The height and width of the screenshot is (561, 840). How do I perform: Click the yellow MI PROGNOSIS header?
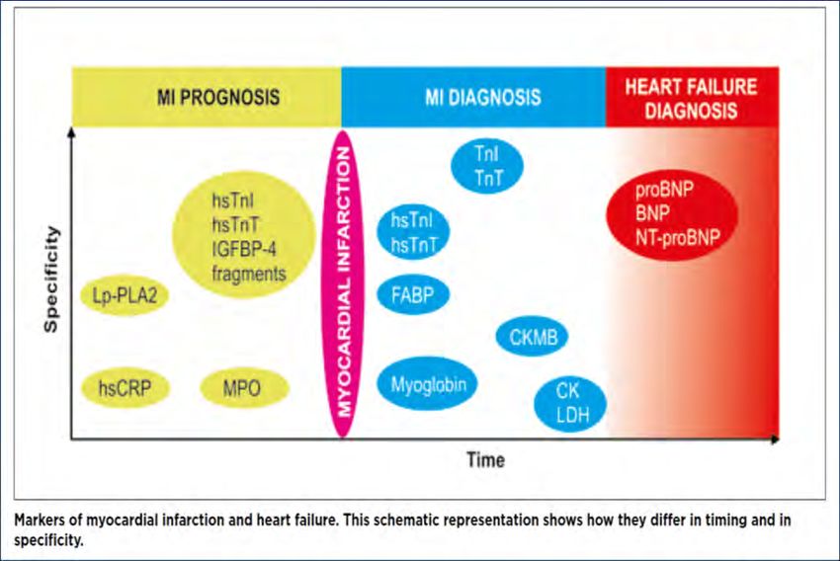click(x=207, y=97)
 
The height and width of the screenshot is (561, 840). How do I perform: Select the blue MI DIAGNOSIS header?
click(x=473, y=97)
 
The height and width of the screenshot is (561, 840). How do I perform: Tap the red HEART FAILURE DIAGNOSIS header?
click(x=692, y=97)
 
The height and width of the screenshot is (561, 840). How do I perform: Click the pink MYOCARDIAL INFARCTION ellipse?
click(x=343, y=283)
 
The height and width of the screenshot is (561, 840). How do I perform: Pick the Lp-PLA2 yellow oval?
click(x=125, y=295)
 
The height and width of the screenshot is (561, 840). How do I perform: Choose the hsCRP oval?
click(x=125, y=388)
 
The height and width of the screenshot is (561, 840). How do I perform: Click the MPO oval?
click(x=244, y=388)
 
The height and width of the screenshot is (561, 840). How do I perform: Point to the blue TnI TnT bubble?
click(x=487, y=165)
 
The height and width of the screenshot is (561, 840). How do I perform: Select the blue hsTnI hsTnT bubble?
click(x=413, y=232)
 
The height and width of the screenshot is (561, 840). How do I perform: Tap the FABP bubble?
click(x=413, y=295)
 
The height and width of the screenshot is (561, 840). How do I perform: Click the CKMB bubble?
click(x=532, y=337)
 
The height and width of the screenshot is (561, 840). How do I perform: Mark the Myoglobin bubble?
click(x=427, y=384)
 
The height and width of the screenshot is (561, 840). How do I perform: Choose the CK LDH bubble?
click(x=570, y=403)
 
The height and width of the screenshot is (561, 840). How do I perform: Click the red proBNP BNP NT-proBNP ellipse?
click(x=672, y=214)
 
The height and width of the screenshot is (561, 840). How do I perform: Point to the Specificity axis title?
click(x=50, y=280)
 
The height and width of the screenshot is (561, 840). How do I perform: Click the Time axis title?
click(x=485, y=460)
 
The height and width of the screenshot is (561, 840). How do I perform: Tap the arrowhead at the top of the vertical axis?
click(x=71, y=131)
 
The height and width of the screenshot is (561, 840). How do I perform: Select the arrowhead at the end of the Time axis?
click(x=775, y=439)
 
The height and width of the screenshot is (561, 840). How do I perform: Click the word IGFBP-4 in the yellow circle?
click(x=236, y=250)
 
